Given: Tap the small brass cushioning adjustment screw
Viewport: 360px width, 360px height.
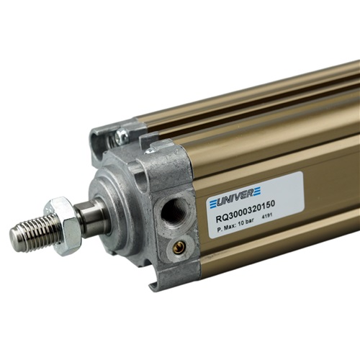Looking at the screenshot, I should [178, 248].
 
